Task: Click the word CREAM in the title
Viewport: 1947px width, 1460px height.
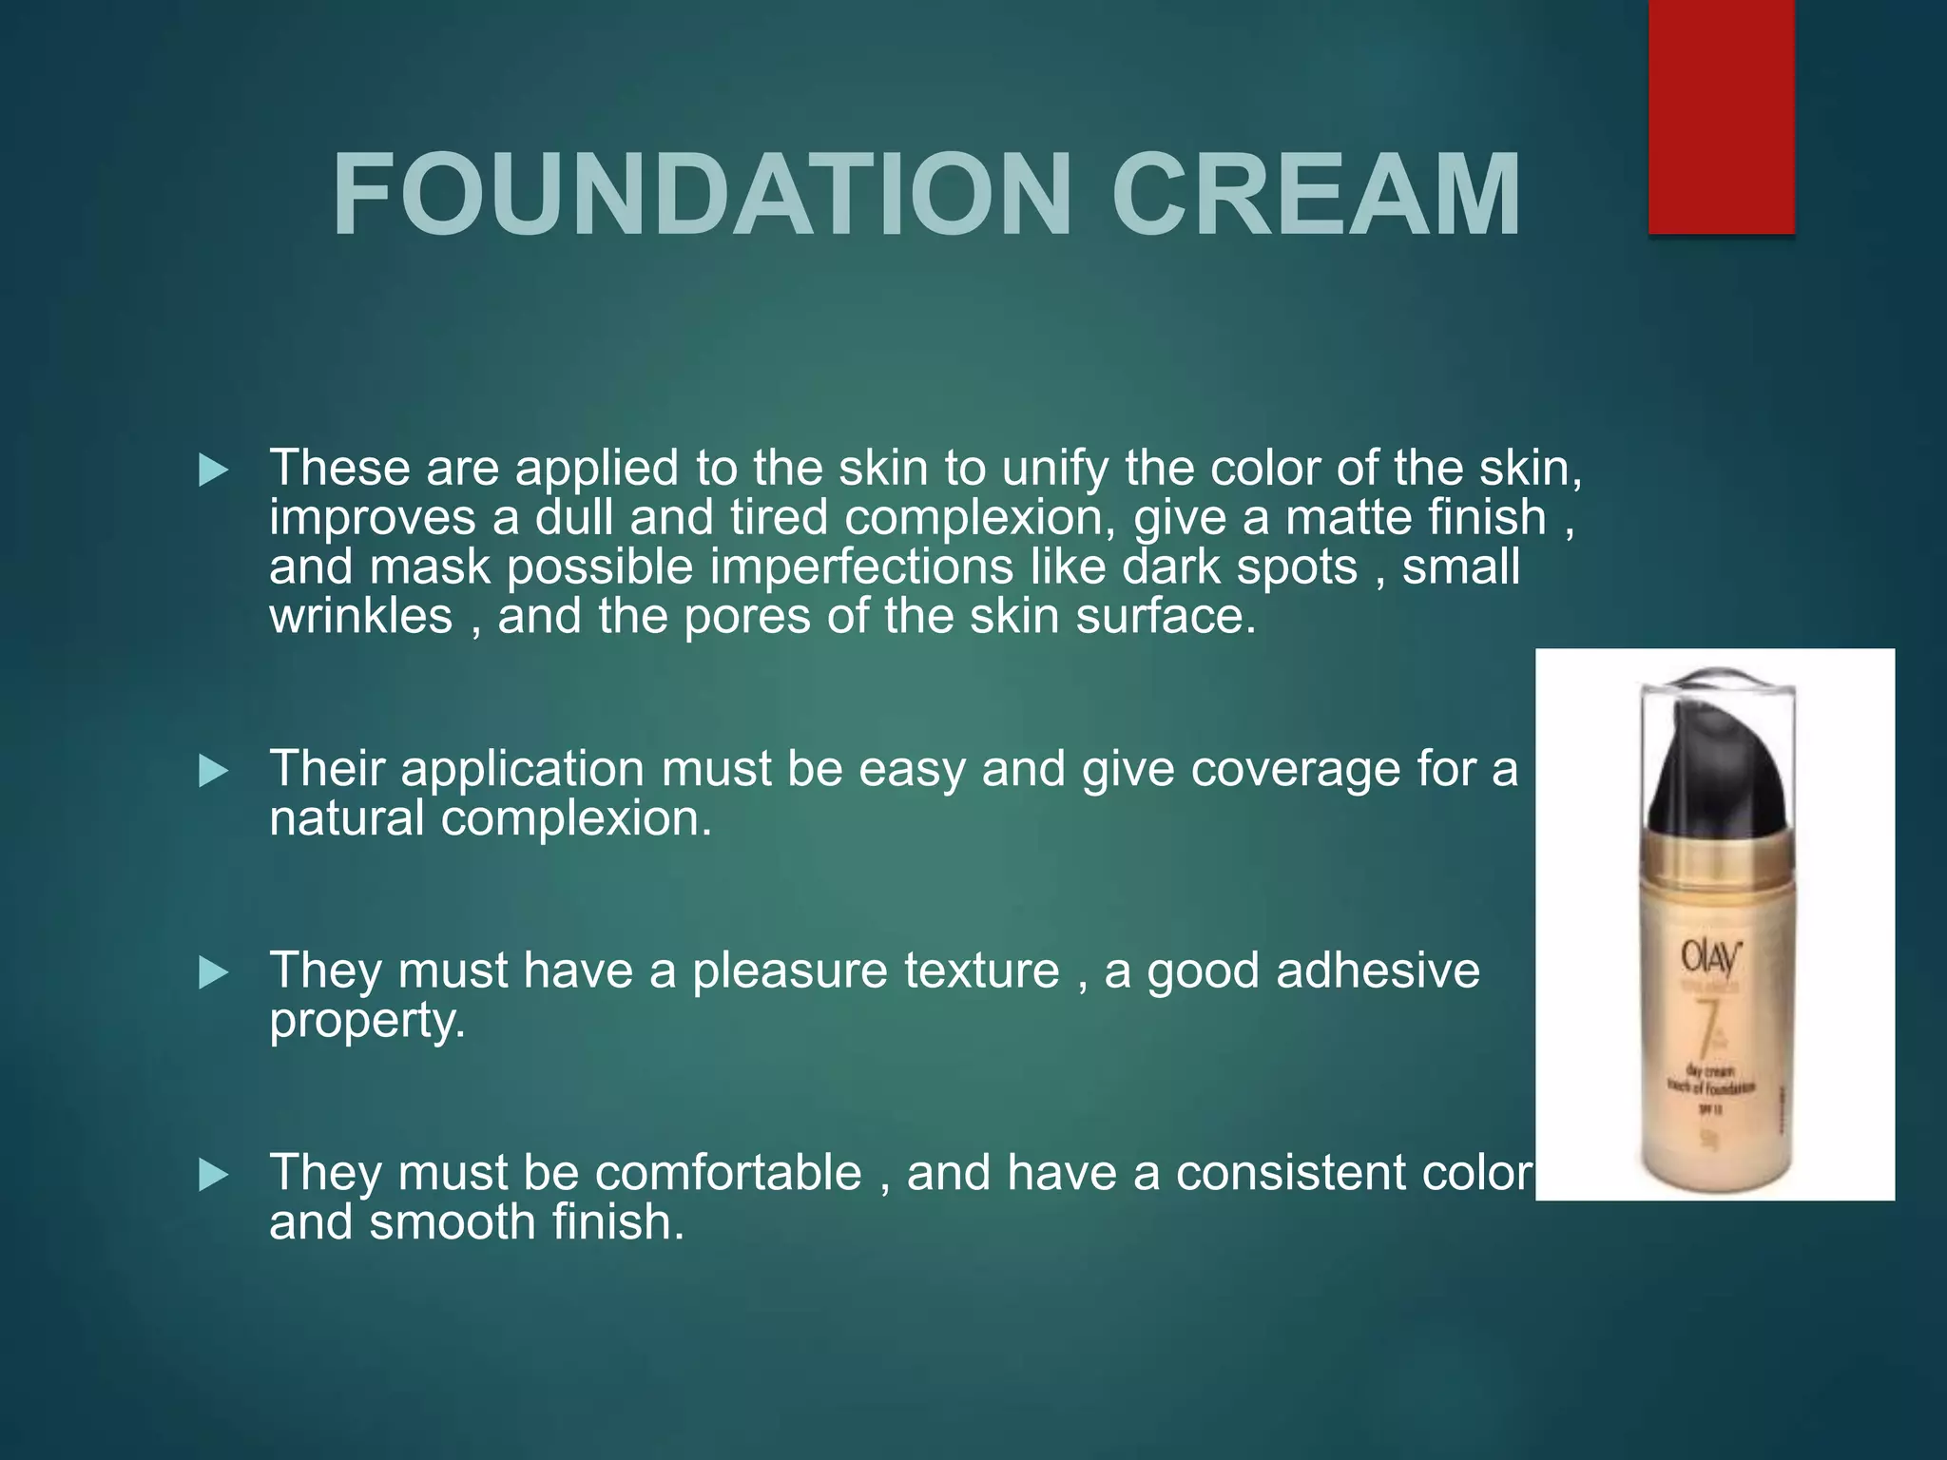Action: tap(1316, 196)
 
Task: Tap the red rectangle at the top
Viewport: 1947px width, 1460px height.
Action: tap(1721, 116)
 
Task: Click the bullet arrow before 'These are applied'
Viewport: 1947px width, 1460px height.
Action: tap(213, 471)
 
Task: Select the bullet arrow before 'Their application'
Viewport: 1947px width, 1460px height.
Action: tap(213, 771)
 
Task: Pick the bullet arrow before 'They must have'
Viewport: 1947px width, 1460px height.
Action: tap(213, 973)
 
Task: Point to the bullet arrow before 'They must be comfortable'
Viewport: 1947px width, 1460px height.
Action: tap(213, 1176)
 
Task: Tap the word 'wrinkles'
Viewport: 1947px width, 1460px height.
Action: tap(361, 617)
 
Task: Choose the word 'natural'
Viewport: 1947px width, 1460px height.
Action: tap(346, 818)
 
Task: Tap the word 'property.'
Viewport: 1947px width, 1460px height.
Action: tap(367, 1021)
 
